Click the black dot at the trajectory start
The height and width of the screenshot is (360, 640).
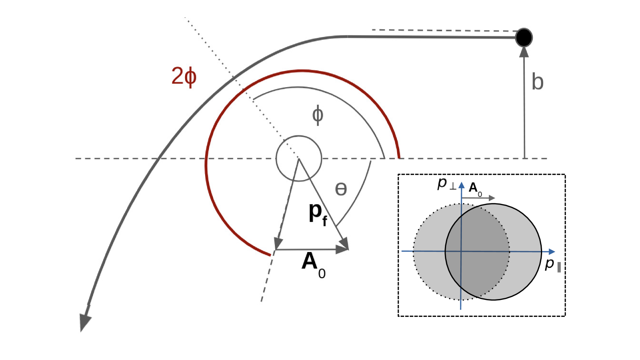pos(524,37)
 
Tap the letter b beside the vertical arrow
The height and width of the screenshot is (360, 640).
pos(537,82)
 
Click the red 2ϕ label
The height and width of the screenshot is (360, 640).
pos(184,76)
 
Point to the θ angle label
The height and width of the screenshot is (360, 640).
pos(341,189)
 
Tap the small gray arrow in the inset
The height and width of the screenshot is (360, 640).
pos(478,198)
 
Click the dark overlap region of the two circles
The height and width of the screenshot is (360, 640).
pos(477,251)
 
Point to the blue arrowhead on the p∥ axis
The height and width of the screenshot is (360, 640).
pos(552,252)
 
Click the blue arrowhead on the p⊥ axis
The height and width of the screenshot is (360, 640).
pos(461,185)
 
